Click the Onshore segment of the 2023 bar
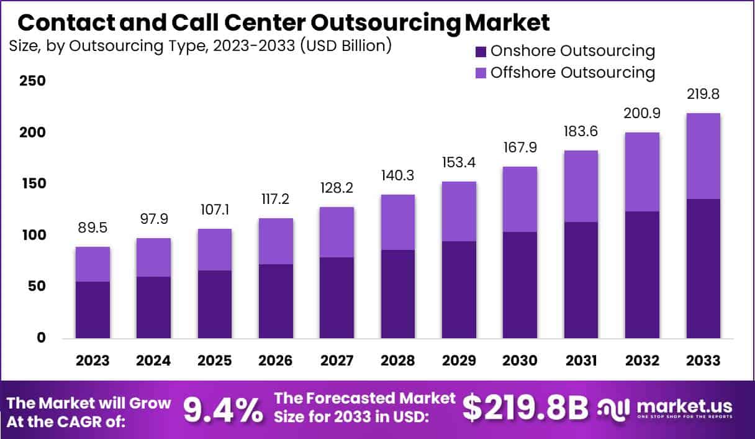[x=93, y=310]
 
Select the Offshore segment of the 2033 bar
[x=703, y=156]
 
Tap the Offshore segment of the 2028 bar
[x=398, y=222]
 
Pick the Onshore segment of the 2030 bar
[x=520, y=285]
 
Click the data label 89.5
[x=93, y=228]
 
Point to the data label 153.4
[x=459, y=163]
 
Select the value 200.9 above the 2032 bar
[x=642, y=114]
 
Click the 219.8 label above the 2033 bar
[x=703, y=95]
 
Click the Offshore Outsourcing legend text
[x=572, y=72]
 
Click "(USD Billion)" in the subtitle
[x=346, y=46]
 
